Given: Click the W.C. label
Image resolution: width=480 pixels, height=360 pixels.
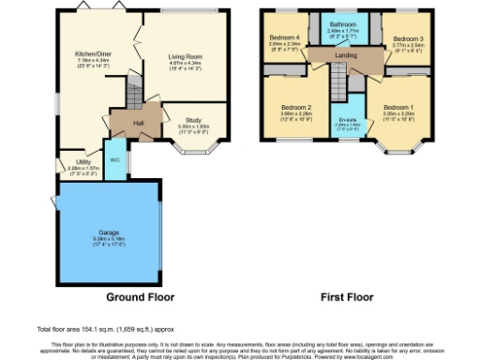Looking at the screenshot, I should pos(113,159).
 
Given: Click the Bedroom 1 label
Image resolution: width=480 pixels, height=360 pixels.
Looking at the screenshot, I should pos(397,107).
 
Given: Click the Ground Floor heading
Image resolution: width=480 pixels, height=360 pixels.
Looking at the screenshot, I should pos(140,296).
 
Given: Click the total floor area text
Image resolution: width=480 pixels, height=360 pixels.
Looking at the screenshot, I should pos(104,329).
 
